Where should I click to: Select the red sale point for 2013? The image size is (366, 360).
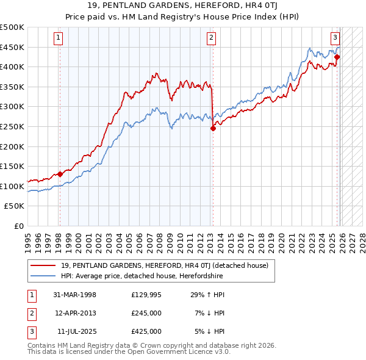pos(213,128)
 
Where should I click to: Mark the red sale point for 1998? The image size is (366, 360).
pos(60,174)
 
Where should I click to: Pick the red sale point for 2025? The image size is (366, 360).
pos(337,57)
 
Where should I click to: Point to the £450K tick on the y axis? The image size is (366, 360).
pos(12,47)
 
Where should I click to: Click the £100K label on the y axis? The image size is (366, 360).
pos(12,186)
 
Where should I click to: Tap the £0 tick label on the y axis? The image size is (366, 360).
pos(18,226)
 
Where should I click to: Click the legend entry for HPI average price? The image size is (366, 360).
pos(142,276)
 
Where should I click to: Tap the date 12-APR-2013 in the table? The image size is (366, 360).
pos(75,313)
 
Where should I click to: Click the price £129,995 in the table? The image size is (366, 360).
pos(146,295)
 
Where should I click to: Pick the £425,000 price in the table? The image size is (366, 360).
pos(146,331)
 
